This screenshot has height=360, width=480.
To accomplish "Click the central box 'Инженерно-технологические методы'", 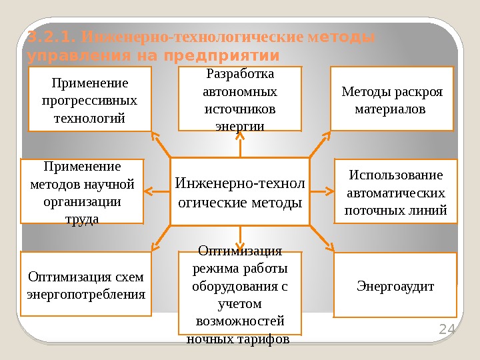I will pos(240,191).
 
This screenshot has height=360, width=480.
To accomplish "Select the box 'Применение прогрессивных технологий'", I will pos(89,98).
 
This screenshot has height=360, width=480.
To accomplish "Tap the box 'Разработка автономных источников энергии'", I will pos(240,98).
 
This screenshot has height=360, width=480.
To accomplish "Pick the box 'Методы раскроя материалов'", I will pos(392,98).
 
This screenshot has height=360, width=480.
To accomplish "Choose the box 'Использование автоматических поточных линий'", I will pos(395,191).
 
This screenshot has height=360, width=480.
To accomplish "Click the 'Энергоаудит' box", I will pos(395,285).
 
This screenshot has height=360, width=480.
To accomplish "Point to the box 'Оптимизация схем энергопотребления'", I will pos(86,283).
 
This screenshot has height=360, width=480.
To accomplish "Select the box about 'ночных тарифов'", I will pos(240,293).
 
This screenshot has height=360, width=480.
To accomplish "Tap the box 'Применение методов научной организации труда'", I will pos(82,191).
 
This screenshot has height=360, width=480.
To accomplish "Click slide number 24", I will pos(445,329).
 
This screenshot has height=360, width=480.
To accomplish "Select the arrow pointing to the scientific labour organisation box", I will pos(151,192).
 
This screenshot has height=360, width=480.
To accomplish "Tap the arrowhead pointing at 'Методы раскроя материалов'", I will pos(326,137).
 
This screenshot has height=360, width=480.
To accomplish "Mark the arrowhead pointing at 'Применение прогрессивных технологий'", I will pos(155,136).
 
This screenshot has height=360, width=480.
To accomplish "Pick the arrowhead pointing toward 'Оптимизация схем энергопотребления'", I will pos(155,247).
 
